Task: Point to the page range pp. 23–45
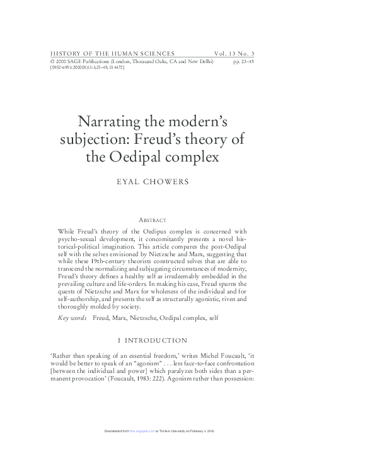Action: [x=243, y=61]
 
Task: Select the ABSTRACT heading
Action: [x=152, y=220]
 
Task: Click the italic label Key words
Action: [x=72, y=318]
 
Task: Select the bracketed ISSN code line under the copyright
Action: [x=87, y=68]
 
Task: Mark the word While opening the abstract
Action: [x=66, y=232]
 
